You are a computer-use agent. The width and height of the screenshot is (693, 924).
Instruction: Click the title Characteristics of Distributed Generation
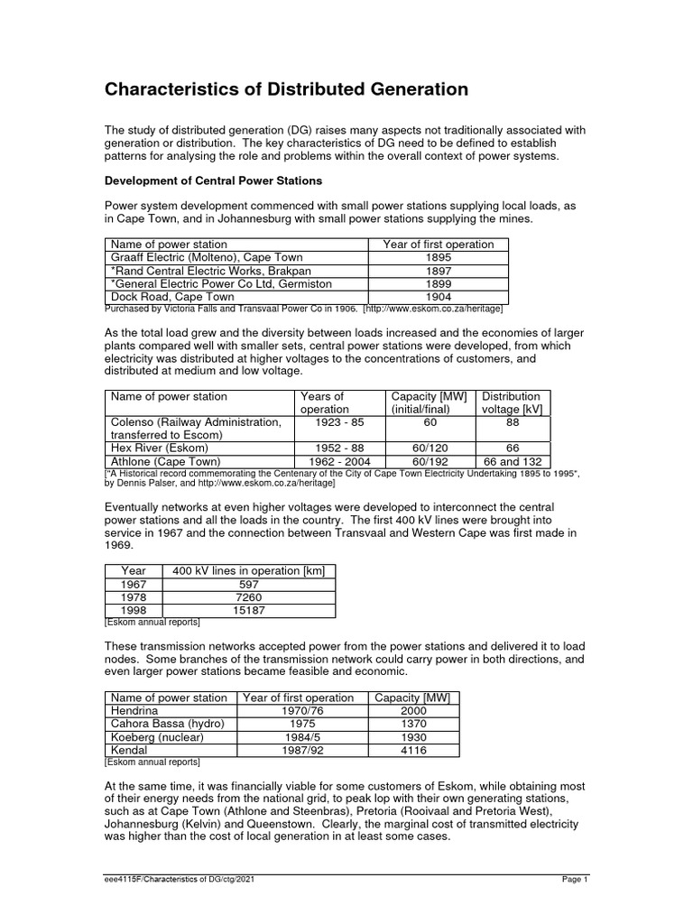[287, 89]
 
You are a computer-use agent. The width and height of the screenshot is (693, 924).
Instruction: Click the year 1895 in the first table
[438, 257]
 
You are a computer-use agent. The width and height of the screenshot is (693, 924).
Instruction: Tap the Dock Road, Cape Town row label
[171, 297]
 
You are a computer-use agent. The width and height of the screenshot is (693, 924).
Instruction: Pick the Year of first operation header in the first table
[438, 245]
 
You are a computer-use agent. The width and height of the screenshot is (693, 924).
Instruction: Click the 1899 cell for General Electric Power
[438, 283]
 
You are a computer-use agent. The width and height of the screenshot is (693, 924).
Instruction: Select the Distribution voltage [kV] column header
[512, 402]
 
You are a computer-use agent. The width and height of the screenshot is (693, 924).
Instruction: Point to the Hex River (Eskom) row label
[159, 448]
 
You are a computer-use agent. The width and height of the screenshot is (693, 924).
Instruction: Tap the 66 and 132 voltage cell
[513, 460]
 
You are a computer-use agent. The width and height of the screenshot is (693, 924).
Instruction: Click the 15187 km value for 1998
[248, 610]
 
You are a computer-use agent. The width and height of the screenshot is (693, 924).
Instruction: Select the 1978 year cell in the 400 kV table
[133, 597]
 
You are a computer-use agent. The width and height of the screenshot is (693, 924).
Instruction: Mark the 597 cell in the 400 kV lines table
[248, 585]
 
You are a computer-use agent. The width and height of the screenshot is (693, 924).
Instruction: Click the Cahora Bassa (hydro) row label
[166, 724]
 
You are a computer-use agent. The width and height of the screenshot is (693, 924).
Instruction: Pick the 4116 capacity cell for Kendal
[415, 750]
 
